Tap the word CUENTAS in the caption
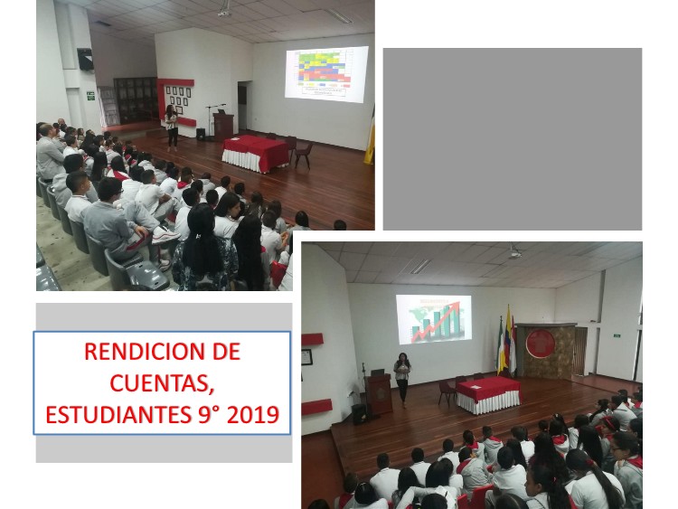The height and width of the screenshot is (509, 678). [x=162, y=383]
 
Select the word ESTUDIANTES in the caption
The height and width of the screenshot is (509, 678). [x=118, y=415]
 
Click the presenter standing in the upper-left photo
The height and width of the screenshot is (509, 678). [x=172, y=128]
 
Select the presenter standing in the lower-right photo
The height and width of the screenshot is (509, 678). [x=402, y=379]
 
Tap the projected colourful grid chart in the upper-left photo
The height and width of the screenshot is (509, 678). [x=327, y=74]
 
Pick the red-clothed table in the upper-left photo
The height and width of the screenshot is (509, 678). [x=256, y=153]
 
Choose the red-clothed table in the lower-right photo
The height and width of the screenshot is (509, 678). [x=488, y=394]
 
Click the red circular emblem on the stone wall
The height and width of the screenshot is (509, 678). [x=540, y=344]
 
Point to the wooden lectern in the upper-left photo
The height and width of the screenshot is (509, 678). [x=223, y=127]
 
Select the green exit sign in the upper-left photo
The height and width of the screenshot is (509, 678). [x=90, y=96]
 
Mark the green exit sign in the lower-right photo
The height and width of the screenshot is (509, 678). [x=617, y=335]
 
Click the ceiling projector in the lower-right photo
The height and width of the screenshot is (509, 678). [x=514, y=253]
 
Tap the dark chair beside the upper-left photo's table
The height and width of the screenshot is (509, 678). [x=304, y=156]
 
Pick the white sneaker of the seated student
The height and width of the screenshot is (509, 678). [x=165, y=235]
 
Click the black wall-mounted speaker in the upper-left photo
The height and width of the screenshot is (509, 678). [x=86, y=60]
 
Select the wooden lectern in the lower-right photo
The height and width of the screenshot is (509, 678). [x=379, y=394]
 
